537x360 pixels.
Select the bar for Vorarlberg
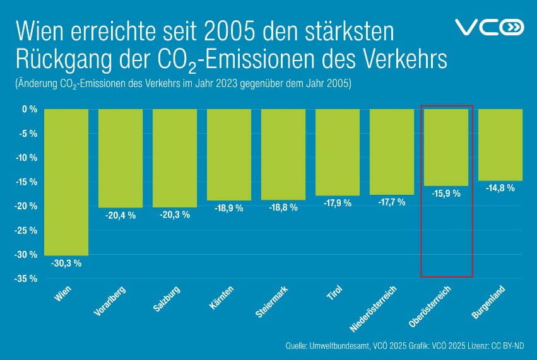pos(121,158)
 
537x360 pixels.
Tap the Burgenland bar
pos(500,144)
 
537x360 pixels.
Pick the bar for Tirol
pos(338,152)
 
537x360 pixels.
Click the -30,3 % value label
pos(66,264)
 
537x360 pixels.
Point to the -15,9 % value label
pos(446,194)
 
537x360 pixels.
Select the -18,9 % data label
pos(229,208)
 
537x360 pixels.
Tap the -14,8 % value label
pos(500,188)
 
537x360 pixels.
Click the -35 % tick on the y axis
pos(26,279)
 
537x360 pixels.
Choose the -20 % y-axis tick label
pos(26,206)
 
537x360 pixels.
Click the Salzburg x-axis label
pos(168,299)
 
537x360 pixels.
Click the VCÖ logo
pos(489,27)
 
